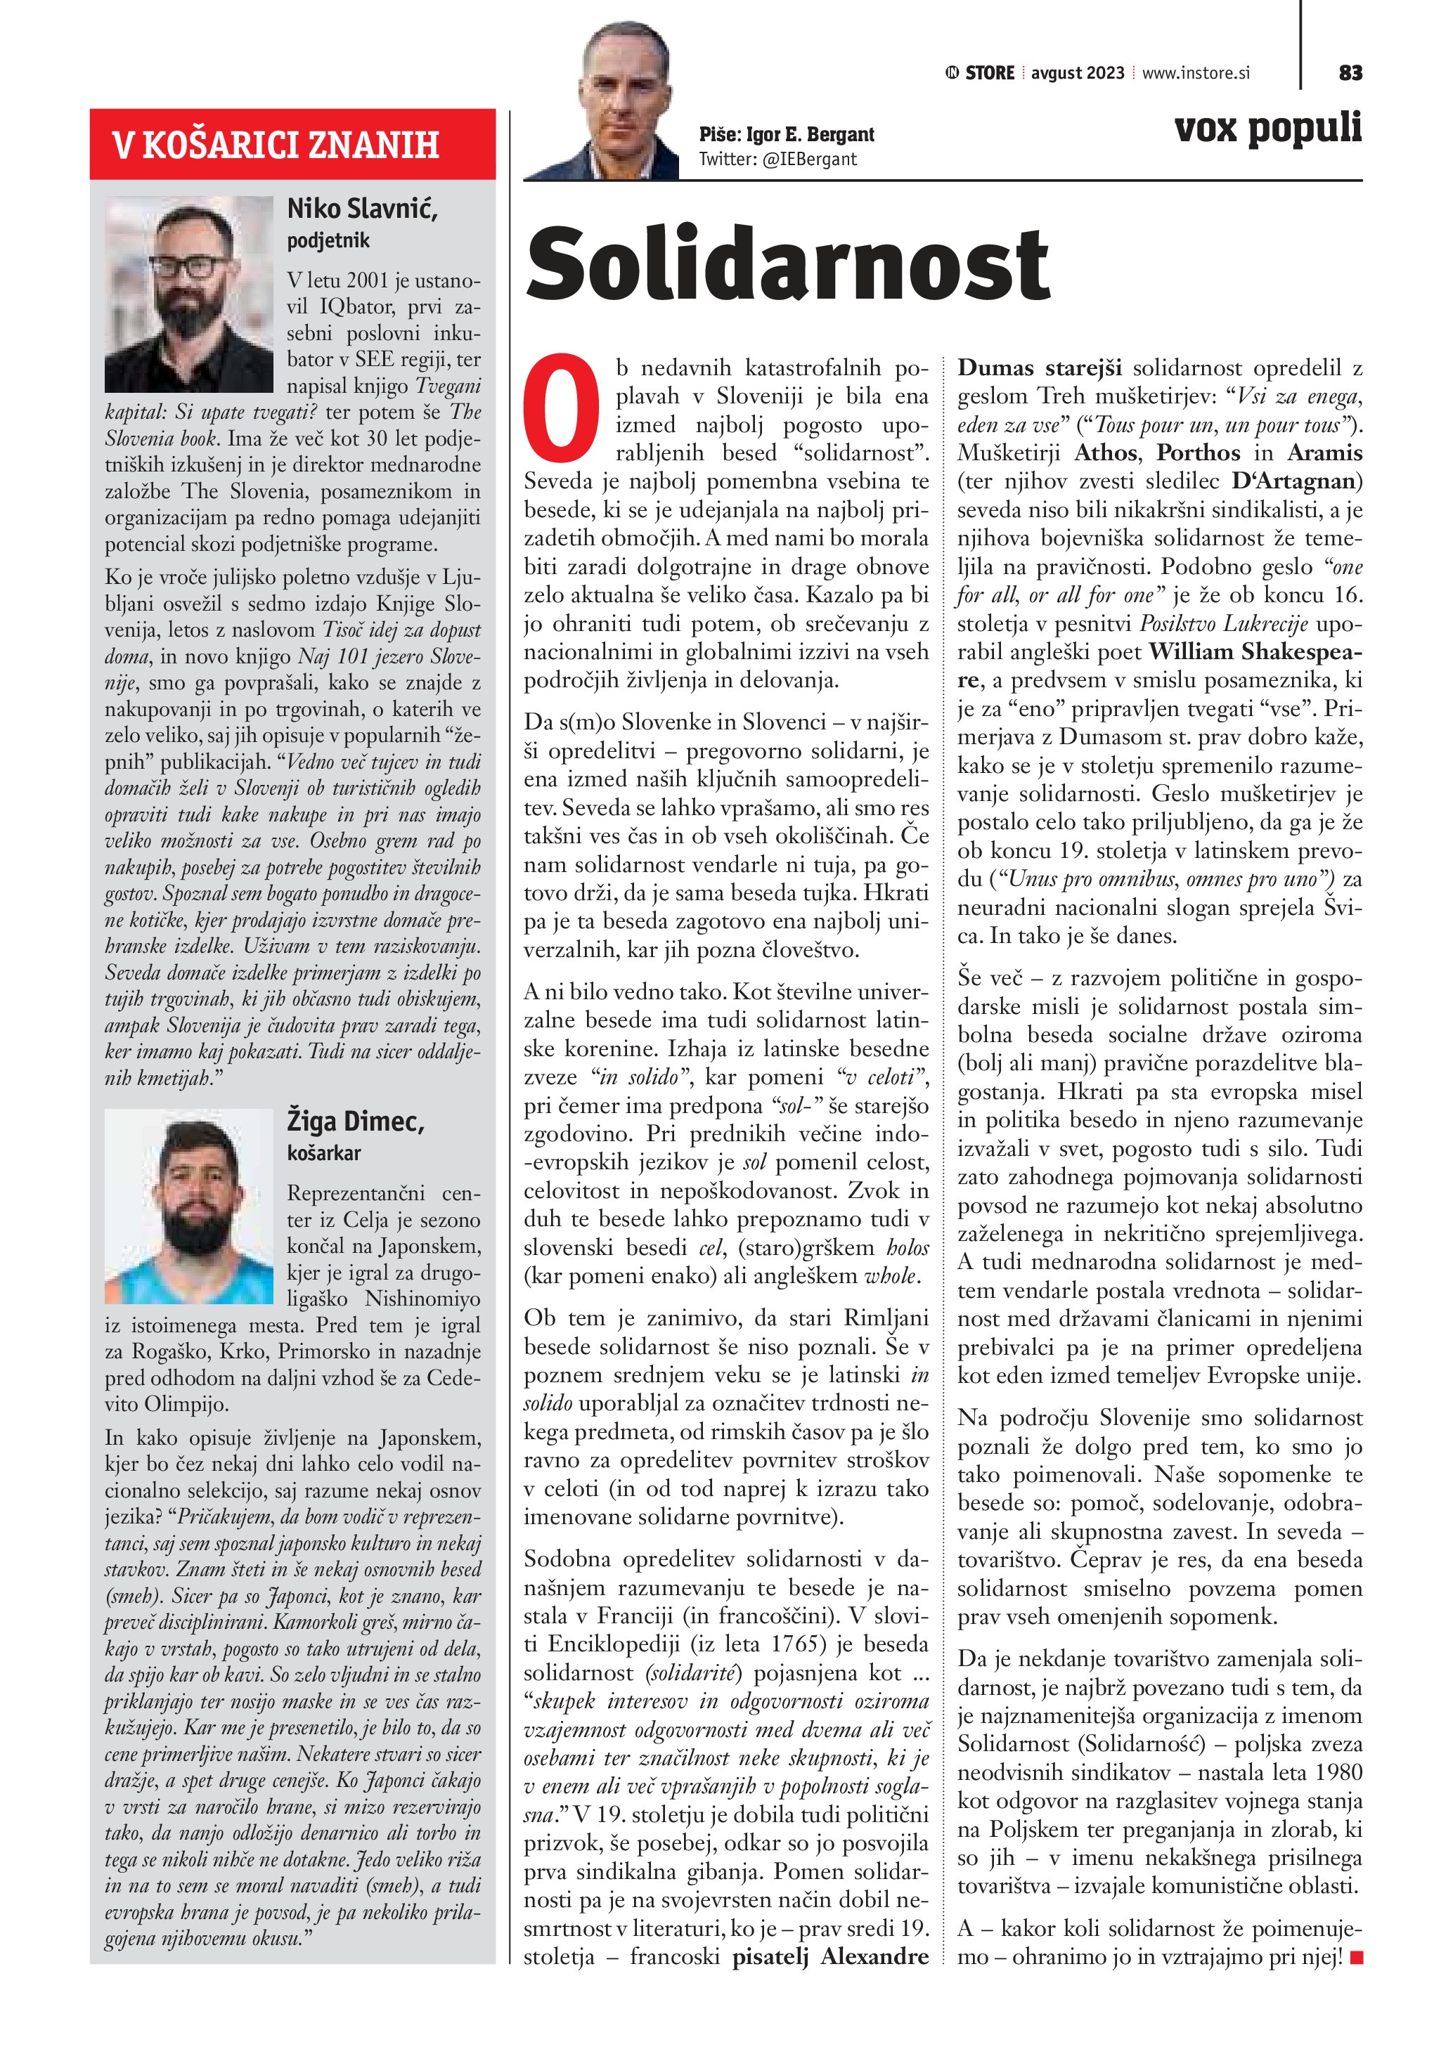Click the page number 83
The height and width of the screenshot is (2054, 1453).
click(1350, 72)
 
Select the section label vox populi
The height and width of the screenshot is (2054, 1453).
click(1268, 128)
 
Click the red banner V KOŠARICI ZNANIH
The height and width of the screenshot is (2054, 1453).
click(292, 144)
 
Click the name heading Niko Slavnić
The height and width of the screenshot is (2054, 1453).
click(361, 209)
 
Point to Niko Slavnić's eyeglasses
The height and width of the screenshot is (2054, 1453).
click(188, 266)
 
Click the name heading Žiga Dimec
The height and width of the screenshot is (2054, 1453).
click(355, 1121)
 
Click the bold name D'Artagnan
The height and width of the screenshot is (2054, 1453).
click(1293, 481)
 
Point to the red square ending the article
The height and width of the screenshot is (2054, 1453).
click(1357, 1958)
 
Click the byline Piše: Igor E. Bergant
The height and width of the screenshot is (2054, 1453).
click(787, 134)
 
